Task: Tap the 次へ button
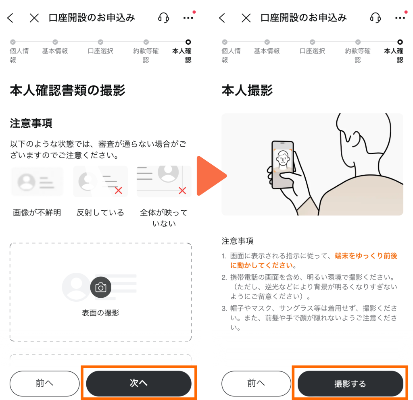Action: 139,383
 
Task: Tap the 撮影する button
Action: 350,383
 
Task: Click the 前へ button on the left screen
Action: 44,383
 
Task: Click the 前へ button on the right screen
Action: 256,383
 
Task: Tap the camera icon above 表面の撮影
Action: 100,287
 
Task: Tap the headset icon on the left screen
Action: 164,18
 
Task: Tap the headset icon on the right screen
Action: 375,18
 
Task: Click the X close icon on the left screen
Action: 34,18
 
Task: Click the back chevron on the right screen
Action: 222,18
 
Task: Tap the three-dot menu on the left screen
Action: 188,18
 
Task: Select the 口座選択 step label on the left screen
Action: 100,51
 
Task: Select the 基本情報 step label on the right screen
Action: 267,51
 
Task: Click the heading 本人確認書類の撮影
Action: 68,91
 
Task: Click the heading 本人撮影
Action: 247,91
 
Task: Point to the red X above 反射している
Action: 119,191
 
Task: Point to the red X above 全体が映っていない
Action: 182,191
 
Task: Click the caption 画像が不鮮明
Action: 37,213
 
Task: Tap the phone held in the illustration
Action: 283,165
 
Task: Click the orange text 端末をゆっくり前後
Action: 366,256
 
